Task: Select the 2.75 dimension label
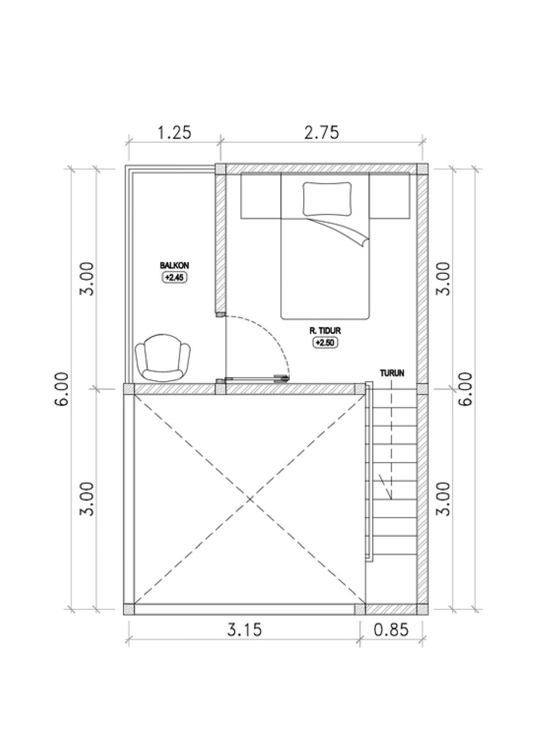[322, 132]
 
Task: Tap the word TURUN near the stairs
[392, 373]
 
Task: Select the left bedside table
[261, 195]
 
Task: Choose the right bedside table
[389, 195]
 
